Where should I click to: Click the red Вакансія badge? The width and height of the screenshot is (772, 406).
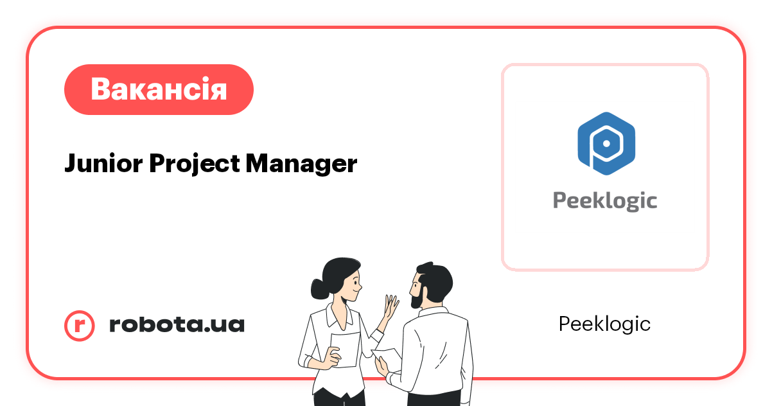click(159, 89)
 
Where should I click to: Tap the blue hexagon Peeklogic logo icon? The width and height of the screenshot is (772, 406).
click(605, 143)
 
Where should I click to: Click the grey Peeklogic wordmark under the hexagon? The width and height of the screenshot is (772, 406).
click(605, 200)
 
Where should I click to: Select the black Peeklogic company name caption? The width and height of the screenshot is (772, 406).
click(604, 324)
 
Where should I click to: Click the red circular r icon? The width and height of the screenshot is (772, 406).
click(80, 325)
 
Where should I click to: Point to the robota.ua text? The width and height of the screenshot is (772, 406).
click(177, 325)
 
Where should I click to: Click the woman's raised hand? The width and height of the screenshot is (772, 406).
click(390, 308)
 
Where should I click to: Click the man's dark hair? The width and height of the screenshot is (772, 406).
click(437, 276)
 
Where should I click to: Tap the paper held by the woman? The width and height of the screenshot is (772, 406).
click(345, 349)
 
